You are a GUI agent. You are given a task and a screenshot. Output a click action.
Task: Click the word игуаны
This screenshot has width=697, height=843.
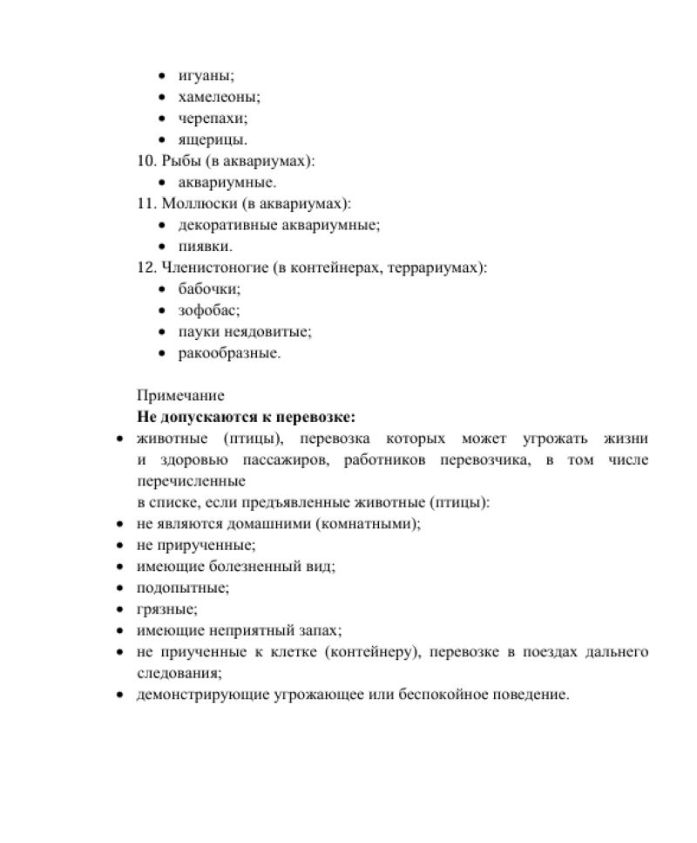203,77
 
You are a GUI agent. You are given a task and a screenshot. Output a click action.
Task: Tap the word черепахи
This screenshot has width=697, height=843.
211,119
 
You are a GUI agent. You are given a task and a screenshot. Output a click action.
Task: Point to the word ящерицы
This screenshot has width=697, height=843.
212,139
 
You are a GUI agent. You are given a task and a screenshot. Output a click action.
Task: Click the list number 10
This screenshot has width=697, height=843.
145,161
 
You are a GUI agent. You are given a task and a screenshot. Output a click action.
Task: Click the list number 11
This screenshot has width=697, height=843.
145,203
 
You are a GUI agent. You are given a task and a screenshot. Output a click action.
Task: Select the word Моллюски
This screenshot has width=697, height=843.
198,203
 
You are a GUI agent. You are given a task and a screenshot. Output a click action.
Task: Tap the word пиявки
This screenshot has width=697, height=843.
204,247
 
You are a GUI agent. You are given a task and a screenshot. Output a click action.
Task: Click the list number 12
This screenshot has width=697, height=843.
145,268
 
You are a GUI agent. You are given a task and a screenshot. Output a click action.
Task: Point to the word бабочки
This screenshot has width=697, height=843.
208,289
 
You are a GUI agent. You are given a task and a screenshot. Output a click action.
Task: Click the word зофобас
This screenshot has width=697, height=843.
208,310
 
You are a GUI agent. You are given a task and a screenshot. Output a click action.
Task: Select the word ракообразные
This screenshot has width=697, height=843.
229,353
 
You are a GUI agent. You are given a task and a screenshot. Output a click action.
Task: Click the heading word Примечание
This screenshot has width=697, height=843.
180,396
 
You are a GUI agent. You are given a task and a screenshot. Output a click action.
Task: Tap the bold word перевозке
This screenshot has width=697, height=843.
326,417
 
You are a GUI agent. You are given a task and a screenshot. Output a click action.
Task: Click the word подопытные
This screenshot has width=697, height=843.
183,588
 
